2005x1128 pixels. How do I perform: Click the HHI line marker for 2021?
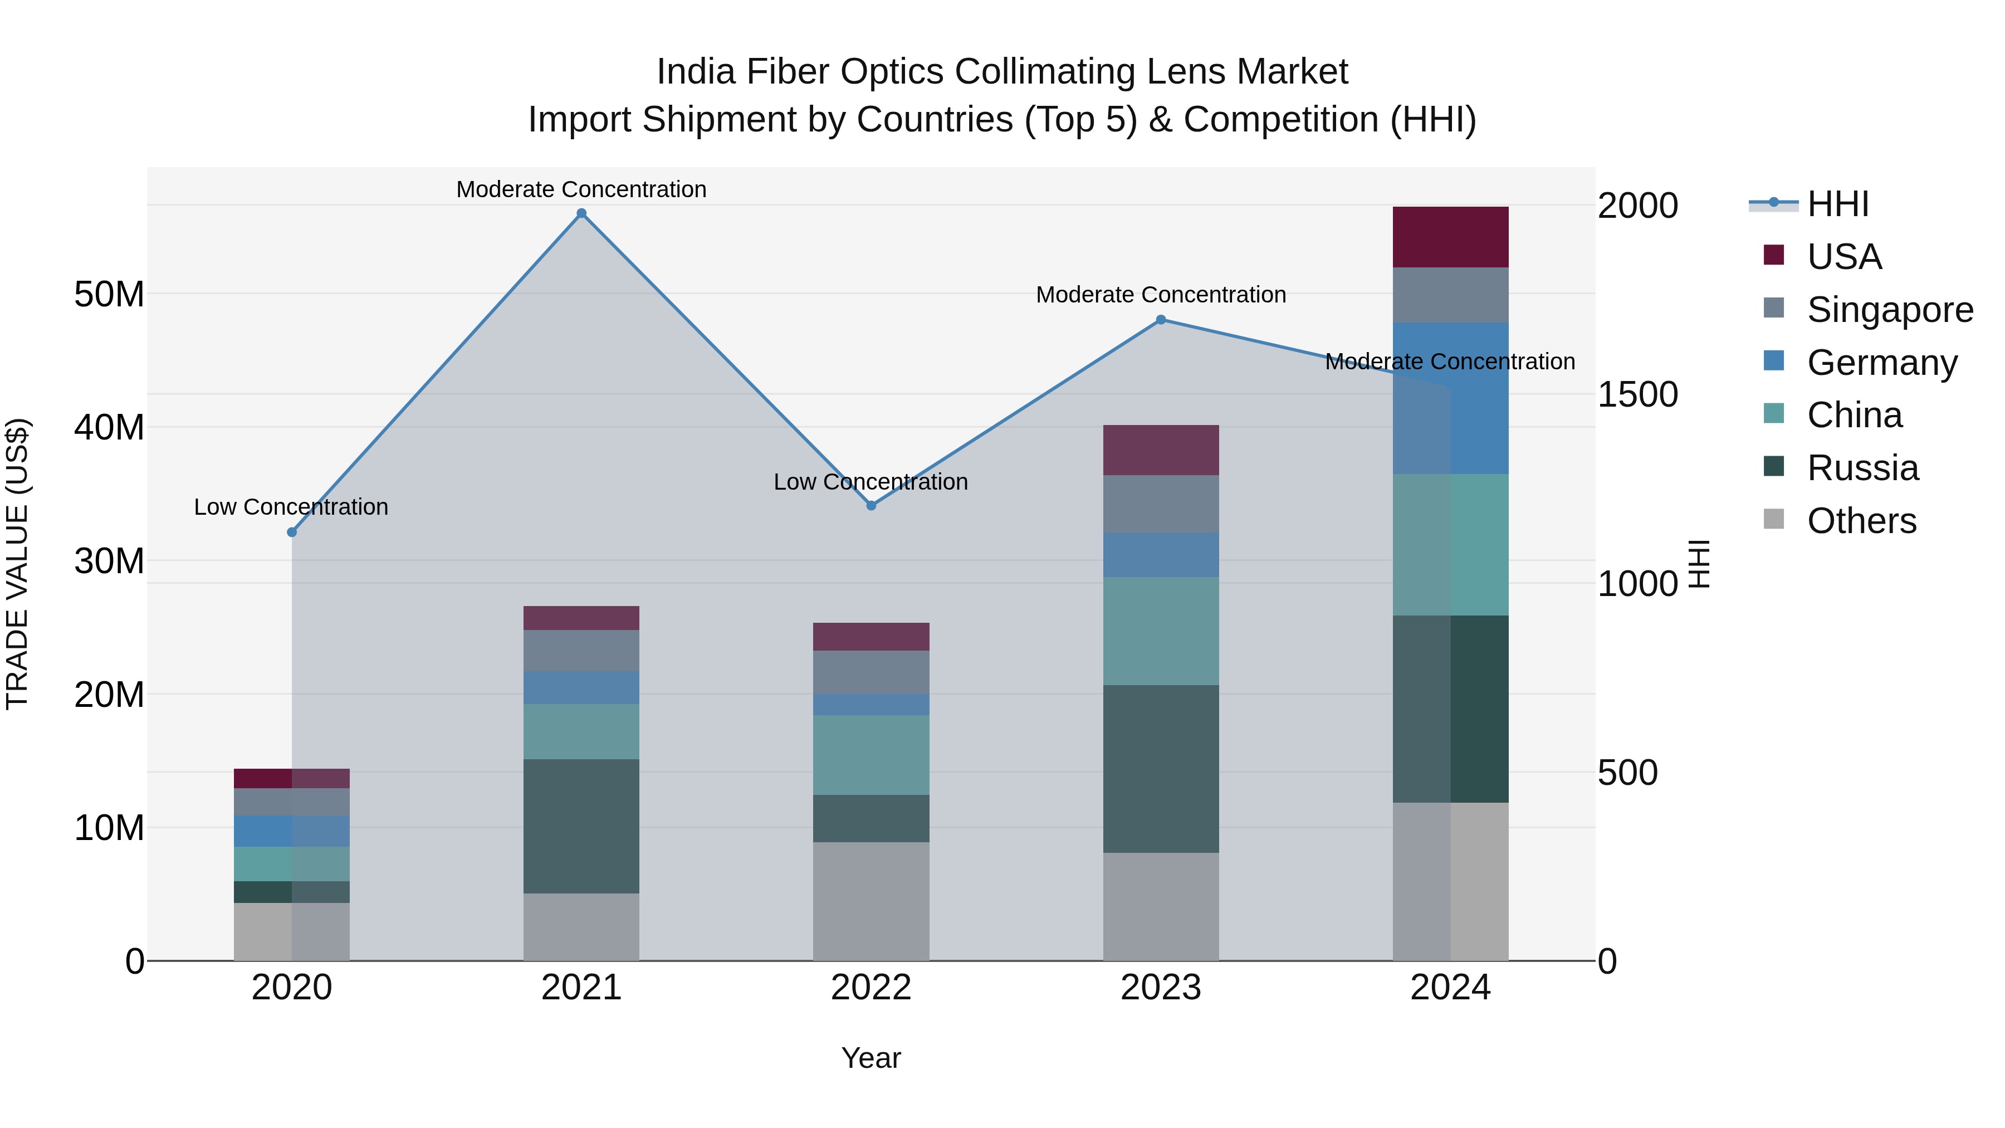(x=581, y=213)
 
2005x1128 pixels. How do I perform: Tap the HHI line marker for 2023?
(x=1161, y=320)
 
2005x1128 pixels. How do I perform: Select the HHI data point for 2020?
(x=292, y=533)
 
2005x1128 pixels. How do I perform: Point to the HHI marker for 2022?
(x=871, y=505)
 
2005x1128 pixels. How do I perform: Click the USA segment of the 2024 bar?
(x=1450, y=237)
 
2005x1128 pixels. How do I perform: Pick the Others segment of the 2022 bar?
(x=871, y=901)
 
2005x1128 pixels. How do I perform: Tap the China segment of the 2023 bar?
(x=1161, y=631)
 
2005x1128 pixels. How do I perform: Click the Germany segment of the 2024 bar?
(x=1479, y=398)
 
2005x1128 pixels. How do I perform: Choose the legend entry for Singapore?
(x=1889, y=310)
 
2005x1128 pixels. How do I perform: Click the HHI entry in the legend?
(x=1837, y=205)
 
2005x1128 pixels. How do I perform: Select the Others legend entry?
(x=1860, y=521)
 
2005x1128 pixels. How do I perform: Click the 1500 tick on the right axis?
(x=1637, y=395)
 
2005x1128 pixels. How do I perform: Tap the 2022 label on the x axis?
(x=871, y=988)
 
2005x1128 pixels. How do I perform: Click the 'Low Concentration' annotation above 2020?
(x=291, y=507)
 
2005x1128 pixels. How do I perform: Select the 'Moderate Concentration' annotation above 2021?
(x=581, y=189)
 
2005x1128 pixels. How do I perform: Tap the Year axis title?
(x=871, y=1058)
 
